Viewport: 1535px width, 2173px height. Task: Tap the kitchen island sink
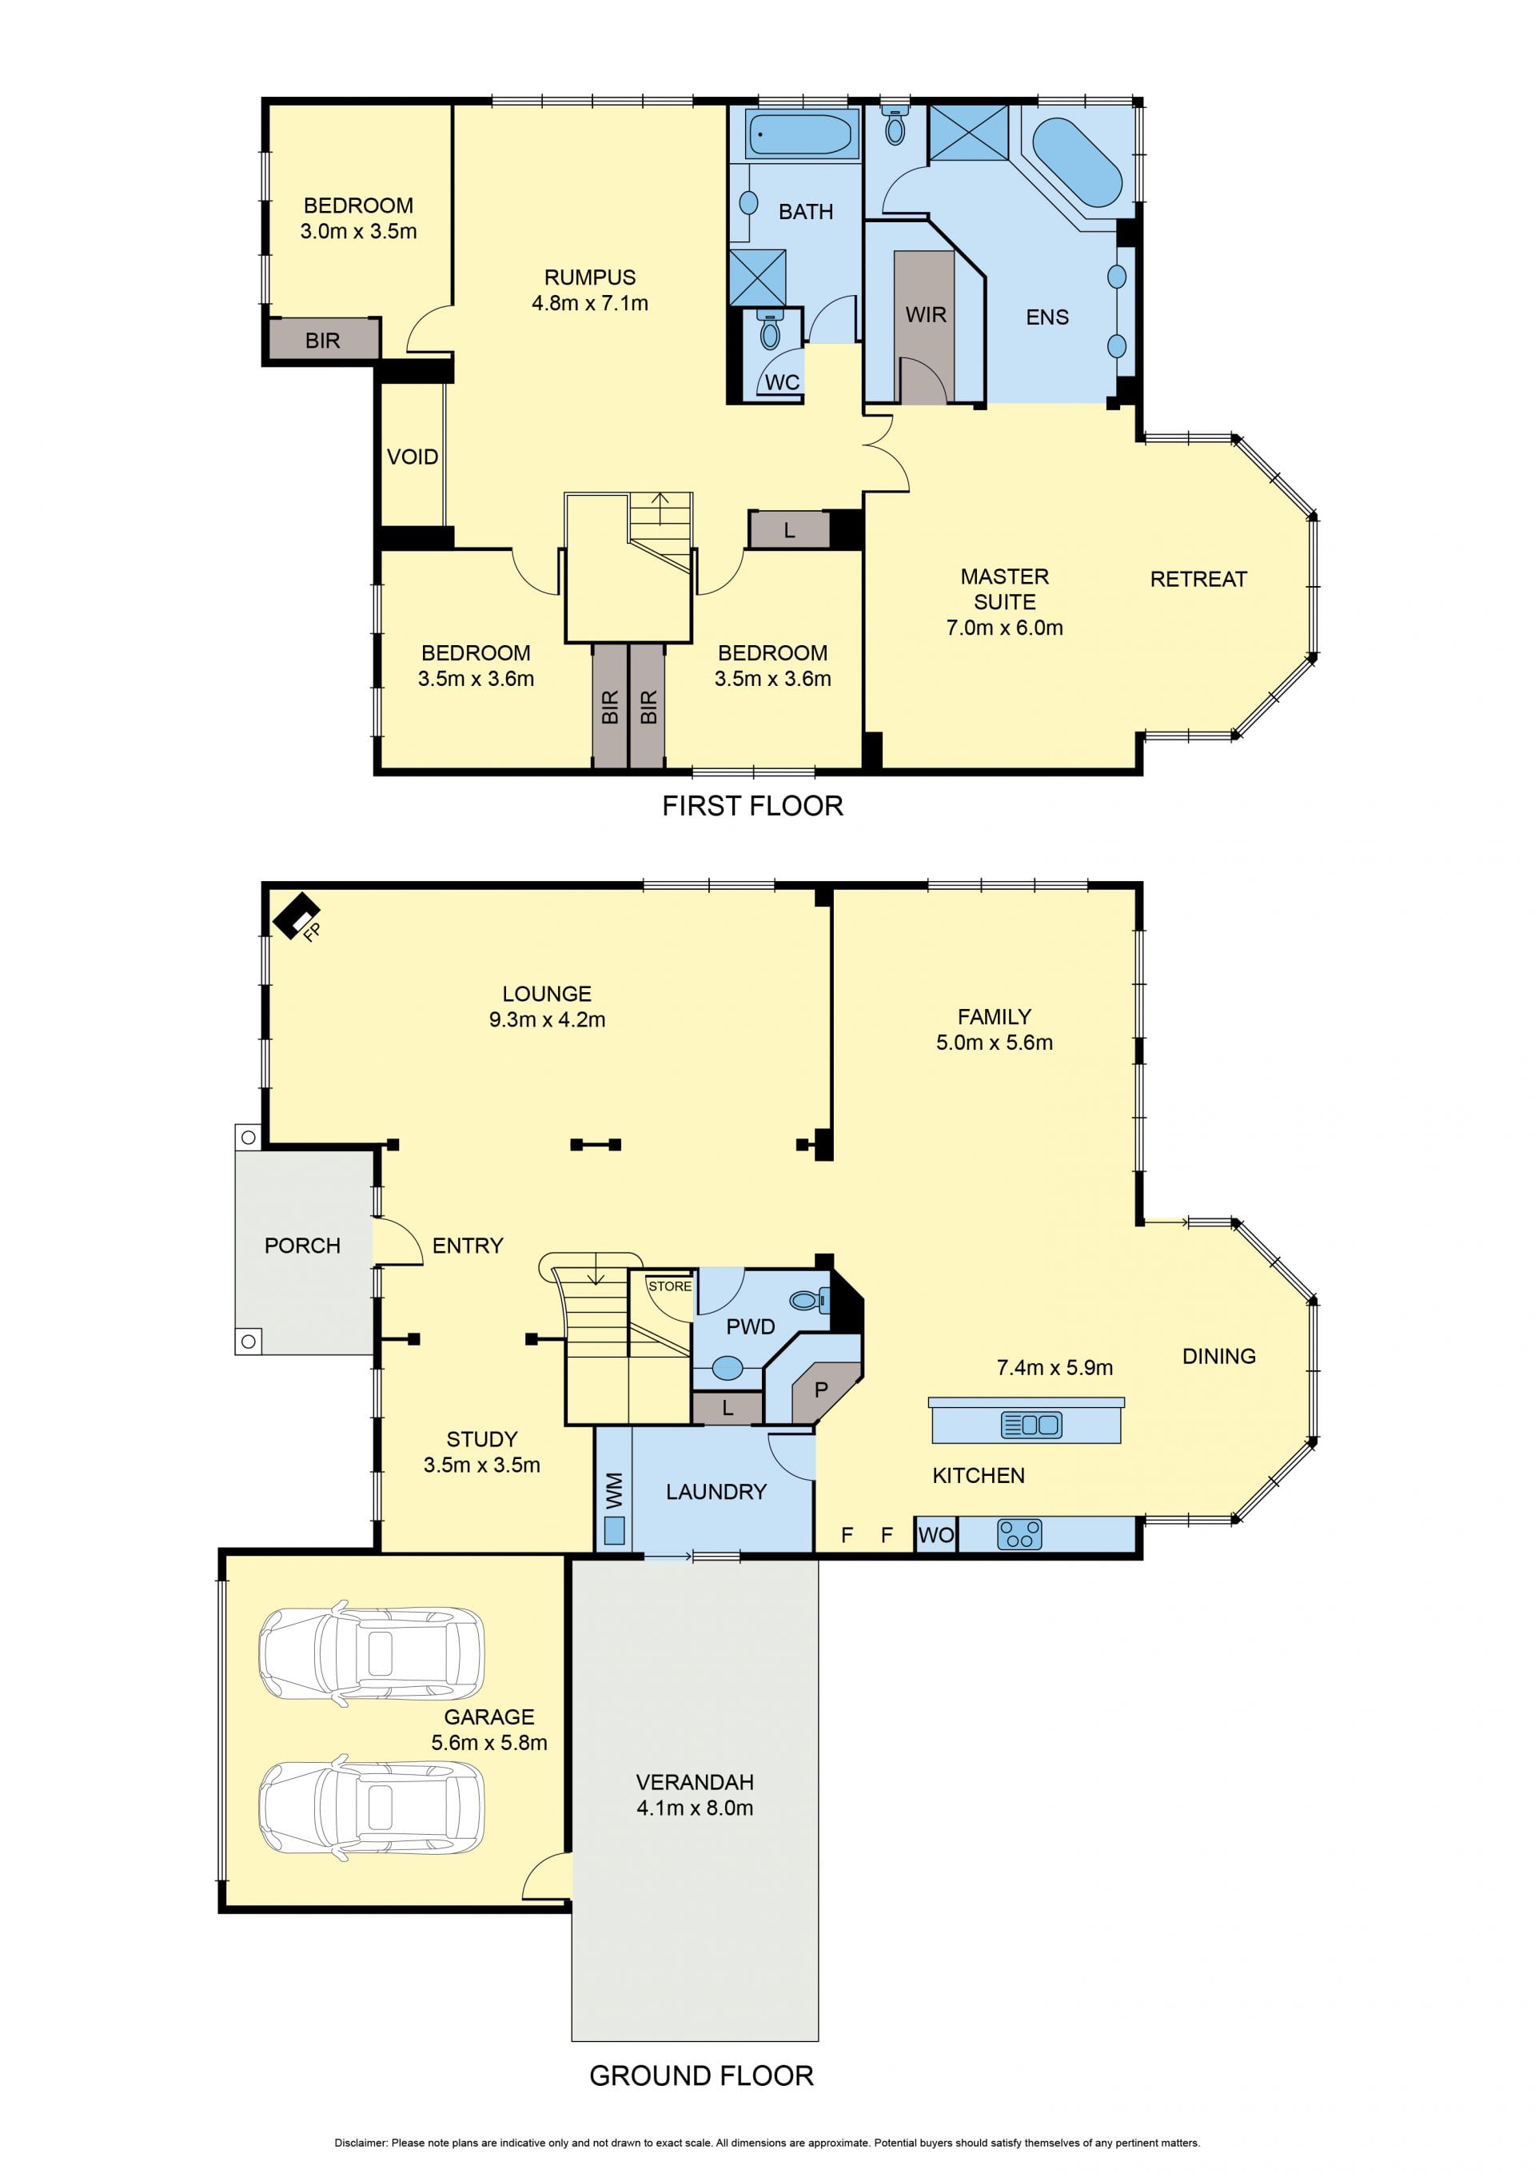tap(1031, 1425)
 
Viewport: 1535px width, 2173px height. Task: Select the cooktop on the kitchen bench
tap(1019, 1534)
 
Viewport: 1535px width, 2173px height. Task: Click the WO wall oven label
tap(936, 1535)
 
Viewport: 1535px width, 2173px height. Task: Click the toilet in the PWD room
tap(810, 1302)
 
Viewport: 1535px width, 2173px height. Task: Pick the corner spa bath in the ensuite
tap(1077, 161)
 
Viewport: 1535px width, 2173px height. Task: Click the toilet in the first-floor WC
tap(771, 329)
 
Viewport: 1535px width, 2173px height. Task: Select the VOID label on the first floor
tap(413, 457)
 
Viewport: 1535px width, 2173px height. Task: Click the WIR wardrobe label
tap(926, 315)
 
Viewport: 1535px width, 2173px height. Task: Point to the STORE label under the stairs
tap(670, 1286)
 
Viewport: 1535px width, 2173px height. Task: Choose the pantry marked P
tap(821, 1390)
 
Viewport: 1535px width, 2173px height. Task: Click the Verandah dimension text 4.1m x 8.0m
tap(695, 1808)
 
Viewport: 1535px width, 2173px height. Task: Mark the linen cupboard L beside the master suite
tap(789, 530)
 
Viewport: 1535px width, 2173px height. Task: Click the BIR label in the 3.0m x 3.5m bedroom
tap(323, 341)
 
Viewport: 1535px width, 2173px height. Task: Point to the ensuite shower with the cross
tap(968, 134)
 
